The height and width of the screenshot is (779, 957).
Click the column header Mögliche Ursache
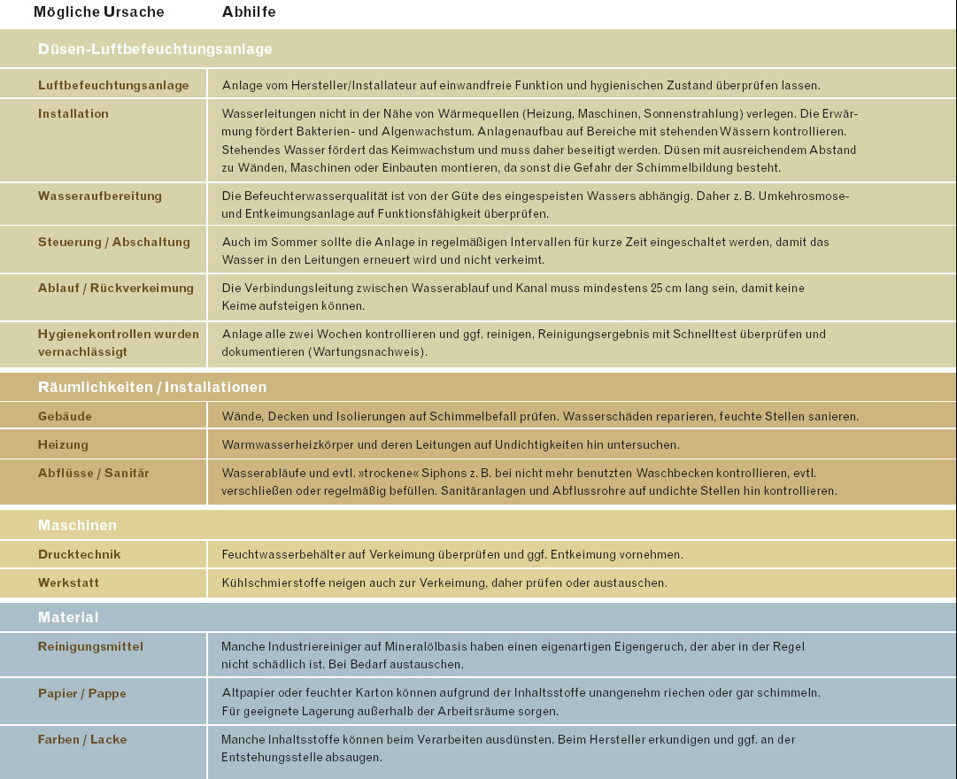click(98, 12)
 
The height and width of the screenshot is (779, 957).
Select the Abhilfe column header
click(249, 12)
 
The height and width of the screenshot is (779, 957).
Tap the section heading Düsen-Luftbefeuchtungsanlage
click(155, 50)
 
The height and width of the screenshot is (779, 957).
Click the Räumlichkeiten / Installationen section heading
click(152, 387)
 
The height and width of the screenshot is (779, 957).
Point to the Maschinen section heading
click(77, 525)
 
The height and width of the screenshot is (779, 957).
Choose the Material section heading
click(68, 617)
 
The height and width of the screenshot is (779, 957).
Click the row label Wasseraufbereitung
click(100, 196)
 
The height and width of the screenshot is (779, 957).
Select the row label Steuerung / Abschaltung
click(114, 242)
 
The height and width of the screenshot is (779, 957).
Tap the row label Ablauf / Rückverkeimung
click(116, 288)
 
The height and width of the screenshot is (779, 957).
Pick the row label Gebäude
click(65, 416)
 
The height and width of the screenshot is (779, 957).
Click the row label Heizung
click(63, 444)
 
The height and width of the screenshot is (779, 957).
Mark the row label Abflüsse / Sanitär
click(94, 473)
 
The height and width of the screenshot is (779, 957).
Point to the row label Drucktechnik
click(80, 554)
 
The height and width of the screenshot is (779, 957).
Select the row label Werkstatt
click(68, 582)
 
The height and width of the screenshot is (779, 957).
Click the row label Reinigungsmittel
click(90, 646)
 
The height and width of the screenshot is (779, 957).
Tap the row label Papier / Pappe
click(82, 693)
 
